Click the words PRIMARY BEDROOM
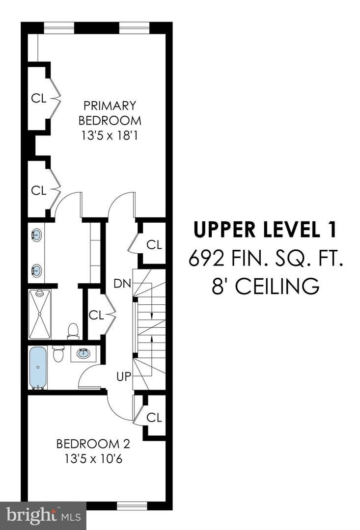[110, 113]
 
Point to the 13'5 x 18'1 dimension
[110, 136]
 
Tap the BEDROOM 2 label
[93, 444]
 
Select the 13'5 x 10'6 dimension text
[93, 459]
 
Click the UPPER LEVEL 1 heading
[265, 230]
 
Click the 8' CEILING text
[266, 287]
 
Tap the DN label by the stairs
[122, 284]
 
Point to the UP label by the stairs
[123, 376]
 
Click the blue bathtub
[37, 368]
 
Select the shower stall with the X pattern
[40, 315]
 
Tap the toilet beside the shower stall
[73, 331]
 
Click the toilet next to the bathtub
[58, 353]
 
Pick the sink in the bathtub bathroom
[83, 353]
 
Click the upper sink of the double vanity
[36, 235]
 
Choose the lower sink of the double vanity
[36, 270]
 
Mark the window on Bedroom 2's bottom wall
[132, 505]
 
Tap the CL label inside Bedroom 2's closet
[154, 418]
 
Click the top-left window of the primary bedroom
[59, 27]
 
